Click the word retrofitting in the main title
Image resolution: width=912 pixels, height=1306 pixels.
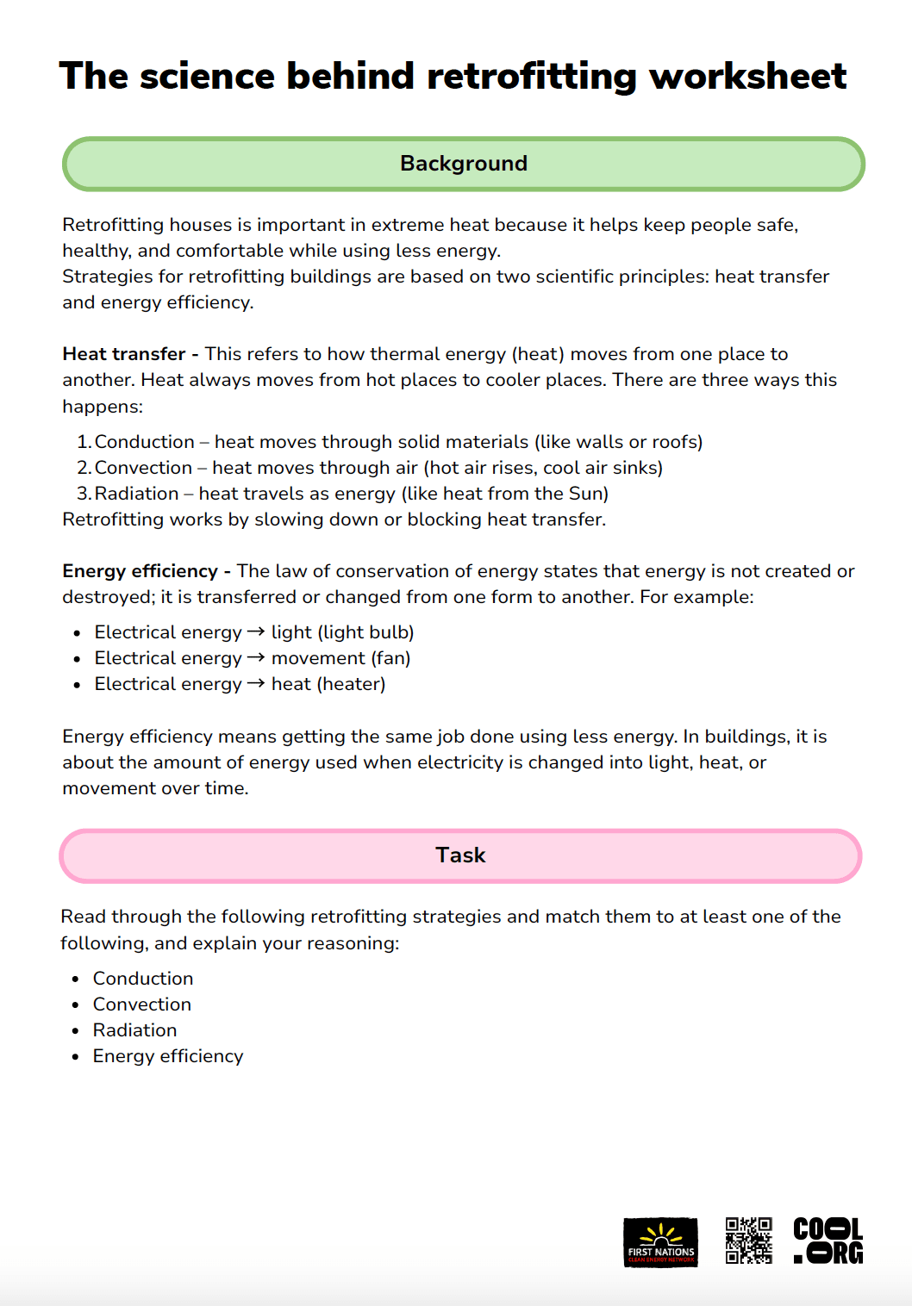pyautogui.click(x=531, y=77)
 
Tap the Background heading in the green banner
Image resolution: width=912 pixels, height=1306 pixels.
pyautogui.click(x=464, y=164)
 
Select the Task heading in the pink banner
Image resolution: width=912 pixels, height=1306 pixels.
pyautogui.click(x=460, y=855)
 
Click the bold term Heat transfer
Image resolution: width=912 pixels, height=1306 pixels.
pyautogui.click(x=124, y=354)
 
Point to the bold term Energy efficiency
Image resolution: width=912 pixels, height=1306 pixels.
pyautogui.click(x=140, y=571)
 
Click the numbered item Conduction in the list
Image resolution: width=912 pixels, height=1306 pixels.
pyautogui.click(x=144, y=442)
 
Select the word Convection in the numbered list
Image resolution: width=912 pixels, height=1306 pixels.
pyautogui.click(x=143, y=468)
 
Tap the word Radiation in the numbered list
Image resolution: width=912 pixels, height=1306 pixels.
pyautogui.click(x=136, y=494)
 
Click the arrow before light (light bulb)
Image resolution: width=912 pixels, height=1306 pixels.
pyautogui.click(x=255, y=631)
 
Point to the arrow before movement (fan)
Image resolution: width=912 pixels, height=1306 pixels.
pyautogui.click(x=255, y=657)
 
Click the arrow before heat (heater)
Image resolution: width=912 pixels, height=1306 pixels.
pyautogui.click(x=255, y=683)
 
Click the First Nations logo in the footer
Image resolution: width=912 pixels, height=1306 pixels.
pyautogui.click(x=660, y=1242)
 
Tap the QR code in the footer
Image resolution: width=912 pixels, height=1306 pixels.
pyautogui.click(x=748, y=1241)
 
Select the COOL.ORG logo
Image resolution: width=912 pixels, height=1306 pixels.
pyautogui.click(x=828, y=1241)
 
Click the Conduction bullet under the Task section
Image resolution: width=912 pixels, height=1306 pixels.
pyautogui.click(x=143, y=979)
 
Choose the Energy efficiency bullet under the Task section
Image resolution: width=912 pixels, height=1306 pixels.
pyautogui.click(x=168, y=1056)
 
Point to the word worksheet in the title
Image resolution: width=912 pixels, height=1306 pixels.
pyautogui.click(x=747, y=77)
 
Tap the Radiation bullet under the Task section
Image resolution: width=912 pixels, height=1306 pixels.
pyautogui.click(x=135, y=1030)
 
